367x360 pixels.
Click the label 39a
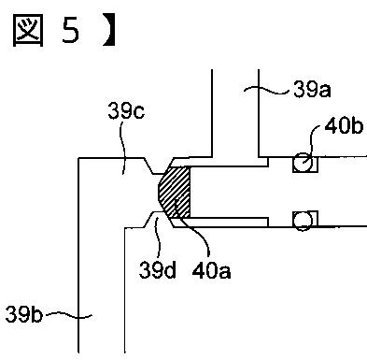click(312, 90)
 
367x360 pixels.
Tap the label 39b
click(23, 314)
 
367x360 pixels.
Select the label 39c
click(126, 111)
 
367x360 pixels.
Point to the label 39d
click(157, 270)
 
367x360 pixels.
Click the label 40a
click(211, 270)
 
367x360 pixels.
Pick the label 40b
click(344, 126)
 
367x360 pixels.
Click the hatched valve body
click(175, 192)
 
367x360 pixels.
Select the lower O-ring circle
click(303, 221)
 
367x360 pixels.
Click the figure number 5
click(71, 31)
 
